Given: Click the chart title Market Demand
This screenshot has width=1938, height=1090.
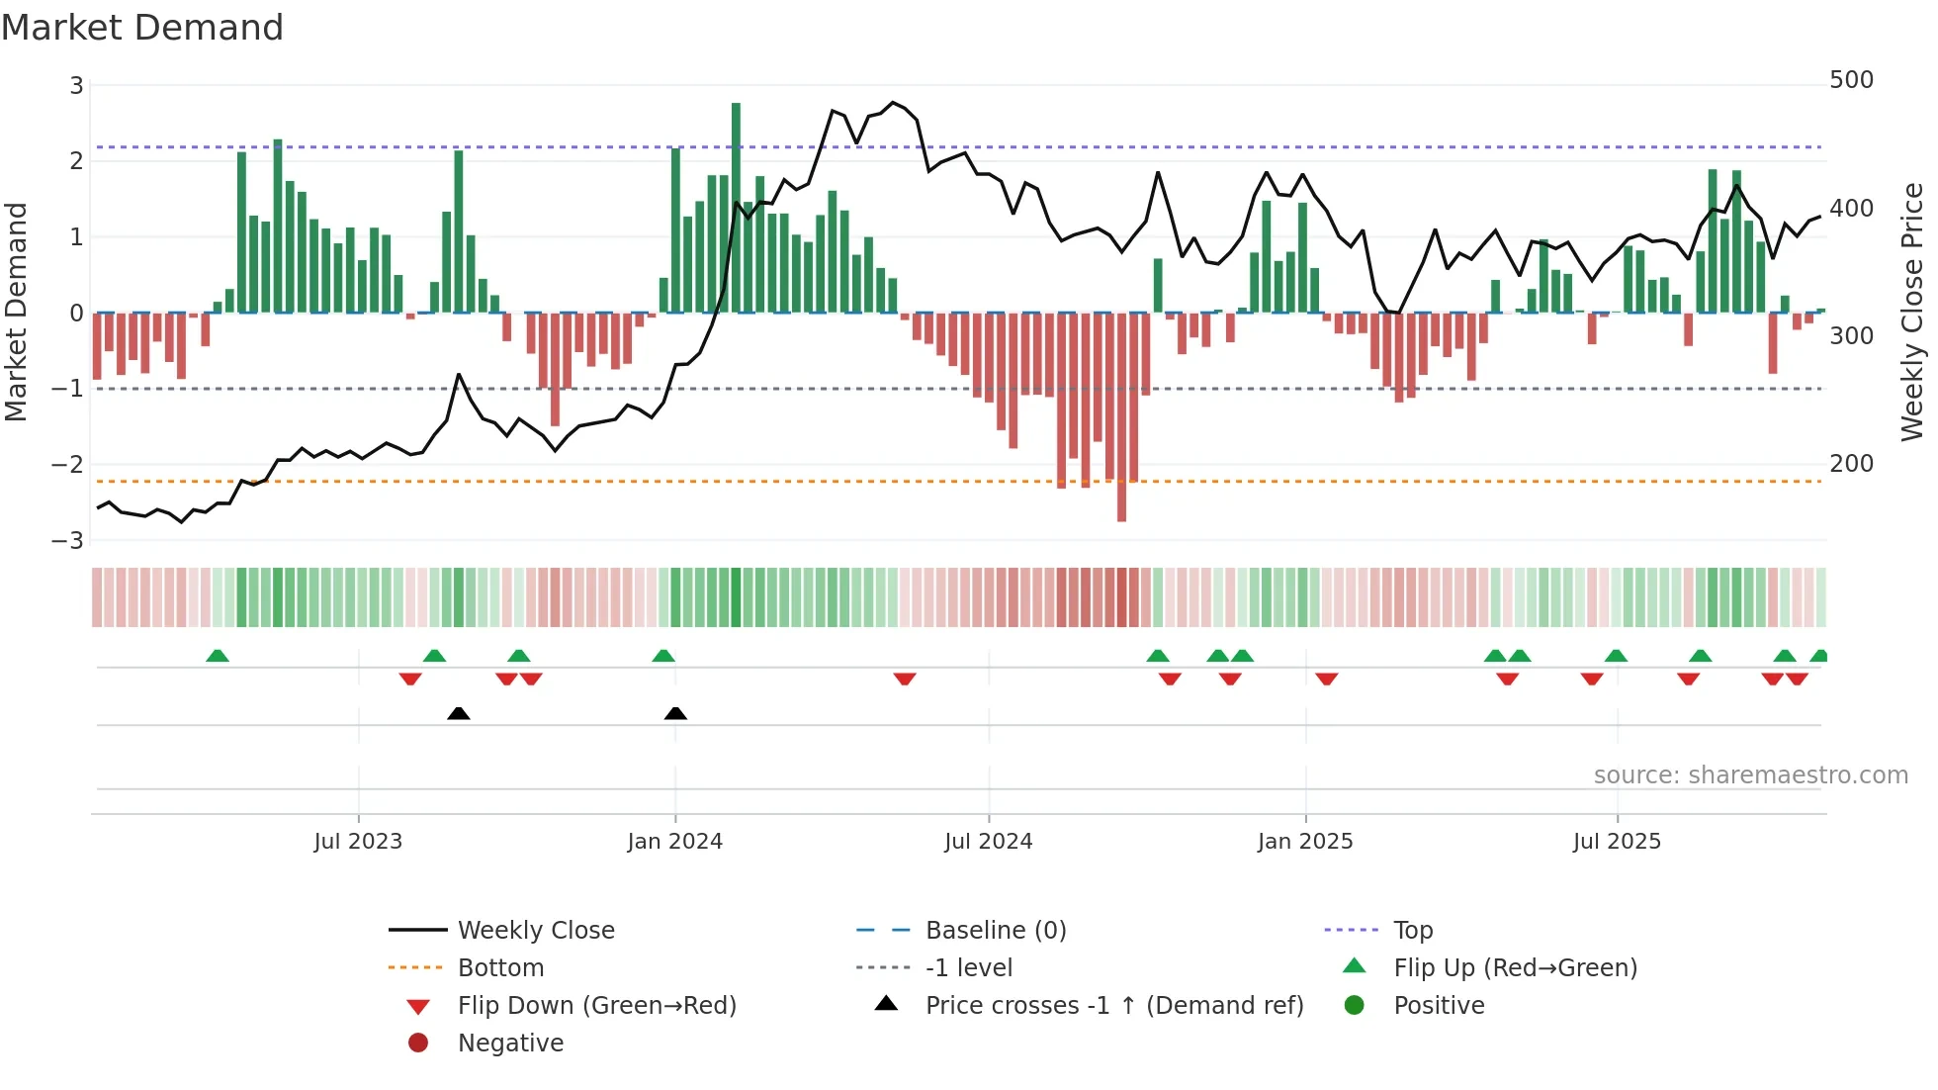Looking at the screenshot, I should point(142,28).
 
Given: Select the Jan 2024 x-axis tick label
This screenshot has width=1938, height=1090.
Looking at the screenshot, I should point(674,842).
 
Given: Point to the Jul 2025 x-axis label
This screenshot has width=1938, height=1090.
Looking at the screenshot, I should point(1617,842).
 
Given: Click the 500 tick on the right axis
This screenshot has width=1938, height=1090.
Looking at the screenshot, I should point(1851,80).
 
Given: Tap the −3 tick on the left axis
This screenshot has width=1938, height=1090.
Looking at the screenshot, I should point(67,541).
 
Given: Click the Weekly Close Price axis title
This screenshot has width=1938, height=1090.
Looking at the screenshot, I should point(1912,312).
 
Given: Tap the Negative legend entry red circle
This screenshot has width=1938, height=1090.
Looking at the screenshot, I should point(418,1044).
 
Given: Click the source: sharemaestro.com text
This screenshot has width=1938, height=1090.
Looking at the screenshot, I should point(1750,775).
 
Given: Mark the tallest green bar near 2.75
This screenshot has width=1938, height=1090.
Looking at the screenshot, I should point(736,208).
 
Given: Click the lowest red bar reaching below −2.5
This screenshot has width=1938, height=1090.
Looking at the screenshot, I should point(1121,415).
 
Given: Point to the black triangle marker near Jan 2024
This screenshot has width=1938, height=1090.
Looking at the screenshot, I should point(675,713).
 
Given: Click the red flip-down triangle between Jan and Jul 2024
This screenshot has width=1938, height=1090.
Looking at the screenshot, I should point(904,679).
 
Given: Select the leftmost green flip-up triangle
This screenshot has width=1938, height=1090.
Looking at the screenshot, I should point(218,656).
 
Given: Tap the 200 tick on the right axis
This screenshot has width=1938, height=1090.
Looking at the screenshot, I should point(1851,464).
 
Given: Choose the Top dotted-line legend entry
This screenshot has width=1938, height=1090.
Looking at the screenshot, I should point(1412,931).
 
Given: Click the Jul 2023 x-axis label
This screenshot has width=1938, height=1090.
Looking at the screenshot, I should point(358,842).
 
